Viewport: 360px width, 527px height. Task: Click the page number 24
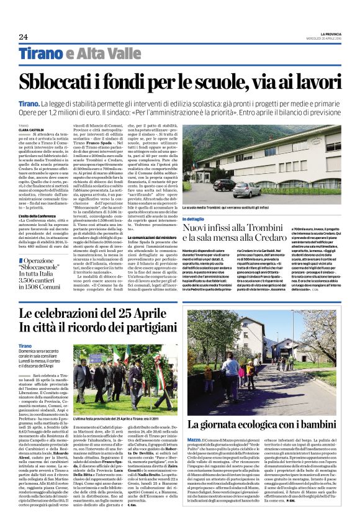tap(23, 37)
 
